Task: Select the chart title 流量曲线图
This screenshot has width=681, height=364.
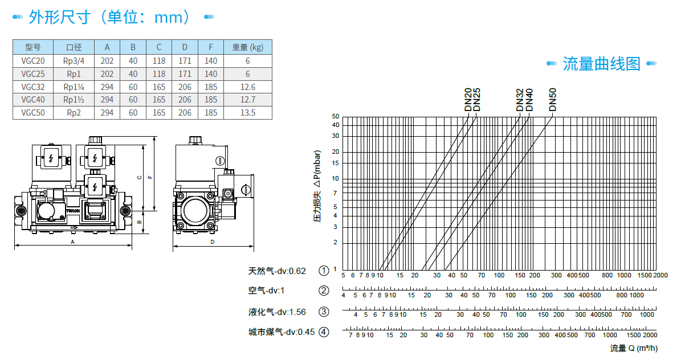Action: click(x=601, y=63)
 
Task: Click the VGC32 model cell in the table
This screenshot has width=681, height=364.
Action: click(x=33, y=87)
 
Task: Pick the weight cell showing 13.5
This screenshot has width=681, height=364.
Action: click(x=248, y=113)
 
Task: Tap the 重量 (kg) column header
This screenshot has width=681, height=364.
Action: click(x=248, y=47)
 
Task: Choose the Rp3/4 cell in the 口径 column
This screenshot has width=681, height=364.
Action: click(x=74, y=60)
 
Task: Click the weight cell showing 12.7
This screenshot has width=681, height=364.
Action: click(x=248, y=100)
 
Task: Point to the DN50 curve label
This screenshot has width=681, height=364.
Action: click(x=552, y=100)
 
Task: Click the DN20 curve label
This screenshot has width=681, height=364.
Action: click(x=468, y=100)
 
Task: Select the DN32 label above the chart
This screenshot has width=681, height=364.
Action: click(x=520, y=100)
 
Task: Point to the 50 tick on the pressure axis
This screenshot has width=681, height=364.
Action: click(x=336, y=116)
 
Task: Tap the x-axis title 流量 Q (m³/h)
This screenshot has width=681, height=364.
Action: click(x=634, y=348)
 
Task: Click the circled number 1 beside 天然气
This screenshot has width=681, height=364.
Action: click(x=324, y=271)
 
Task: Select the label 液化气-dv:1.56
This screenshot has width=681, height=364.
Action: click(x=277, y=312)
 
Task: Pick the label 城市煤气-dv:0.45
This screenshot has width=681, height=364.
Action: click(x=281, y=332)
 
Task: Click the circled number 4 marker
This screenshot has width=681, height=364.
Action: click(x=324, y=332)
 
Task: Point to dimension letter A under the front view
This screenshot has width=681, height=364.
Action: click(x=72, y=242)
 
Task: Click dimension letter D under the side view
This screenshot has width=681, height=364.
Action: click(x=213, y=242)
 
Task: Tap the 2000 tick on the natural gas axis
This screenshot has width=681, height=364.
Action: click(x=660, y=275)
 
